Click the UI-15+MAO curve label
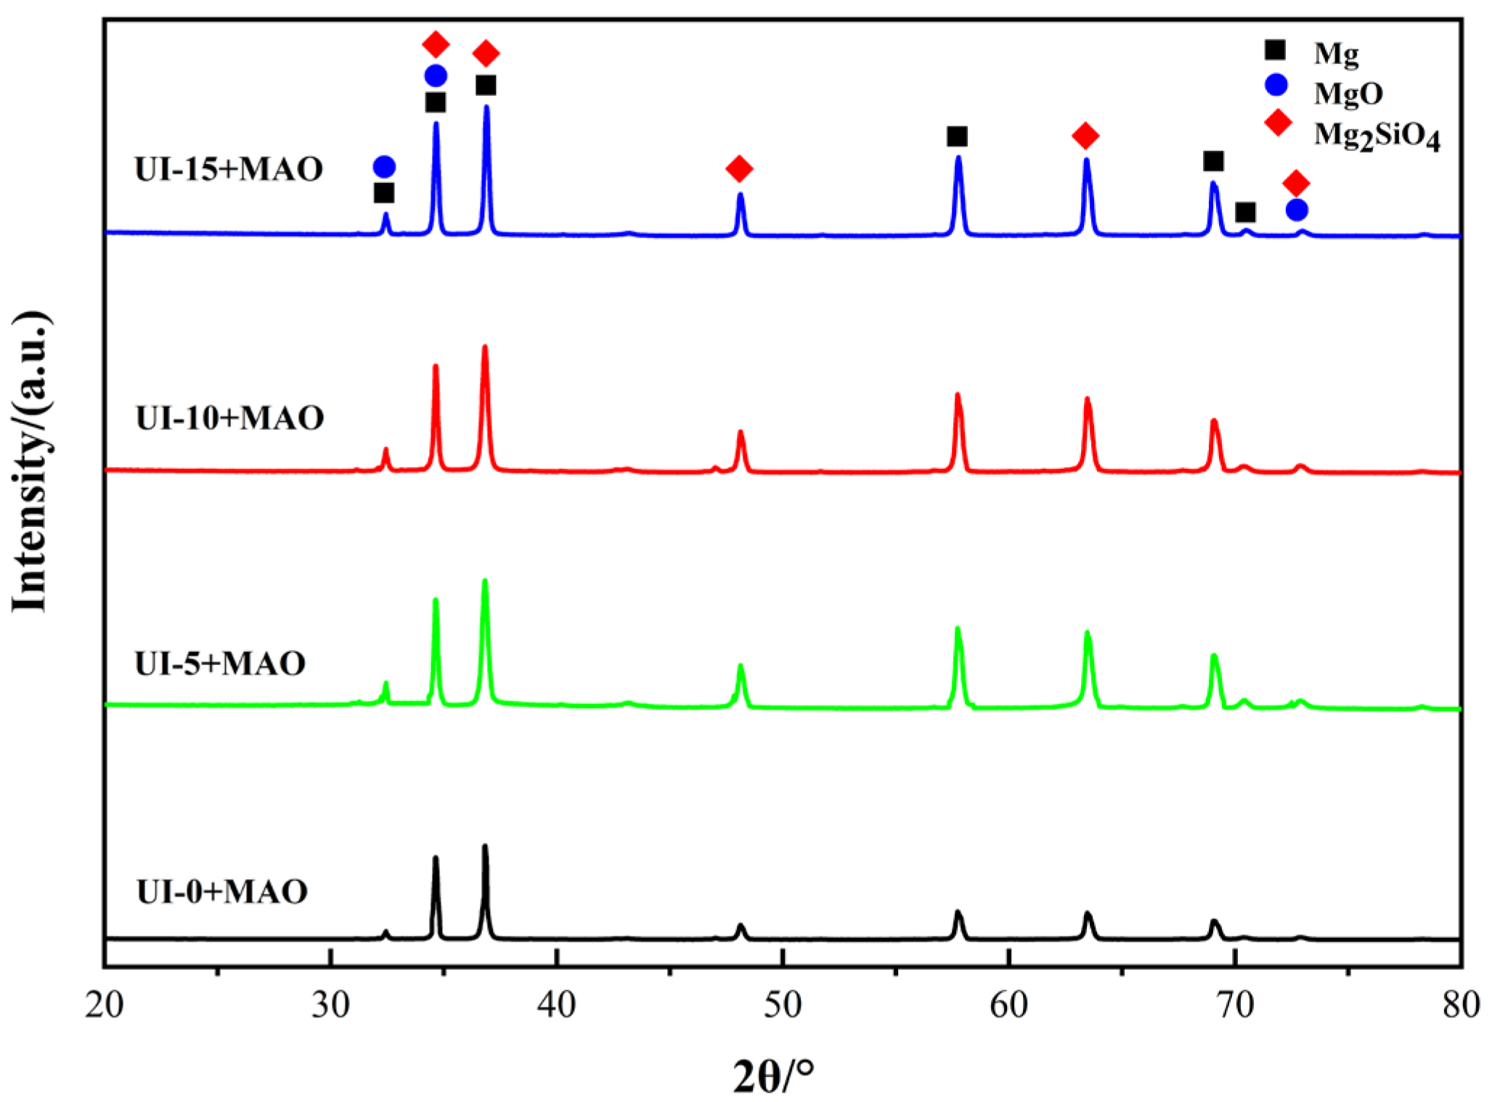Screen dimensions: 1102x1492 click(229, 169)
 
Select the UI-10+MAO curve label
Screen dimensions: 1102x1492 click(229, 418)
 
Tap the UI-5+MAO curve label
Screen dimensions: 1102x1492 click(220, 664)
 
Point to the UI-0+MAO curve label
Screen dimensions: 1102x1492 click(221, 891)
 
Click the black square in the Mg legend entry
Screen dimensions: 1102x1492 click(1275, 50)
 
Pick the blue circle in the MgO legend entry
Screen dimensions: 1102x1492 click(1276, 85)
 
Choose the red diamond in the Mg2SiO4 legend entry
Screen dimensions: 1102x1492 click(1278, 123)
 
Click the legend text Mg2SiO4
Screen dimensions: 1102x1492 click(1377, 135)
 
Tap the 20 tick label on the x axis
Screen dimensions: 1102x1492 click(105, 1005)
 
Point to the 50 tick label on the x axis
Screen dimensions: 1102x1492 click(783, 1005)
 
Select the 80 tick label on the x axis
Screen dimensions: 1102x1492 click(1461, 1005)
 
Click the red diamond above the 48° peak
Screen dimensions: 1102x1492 click(739, 169)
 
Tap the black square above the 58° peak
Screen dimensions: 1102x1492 click(957, 136)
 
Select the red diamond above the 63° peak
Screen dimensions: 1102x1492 click(1085, 135)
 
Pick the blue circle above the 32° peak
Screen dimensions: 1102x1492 click(384, 167)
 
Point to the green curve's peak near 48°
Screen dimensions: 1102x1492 click(741, 666)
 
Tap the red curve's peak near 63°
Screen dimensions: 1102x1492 click(1087, 399)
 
